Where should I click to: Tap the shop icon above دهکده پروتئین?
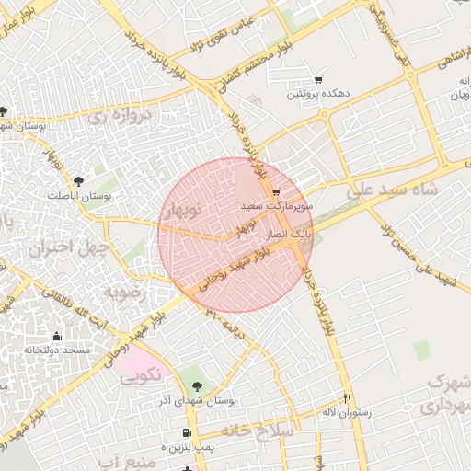[x=318, y=80]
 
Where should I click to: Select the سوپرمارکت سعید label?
[x=276, y=208]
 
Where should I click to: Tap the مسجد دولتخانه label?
[x=57, y=350]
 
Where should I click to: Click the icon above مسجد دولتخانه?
[x=57, y=337]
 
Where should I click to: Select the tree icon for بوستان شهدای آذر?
[x=197, y=386]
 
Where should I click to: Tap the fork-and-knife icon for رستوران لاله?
[x=347, y=398]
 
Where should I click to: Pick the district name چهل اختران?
[x=62, y=247]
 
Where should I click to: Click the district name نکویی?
[x=139, y=374]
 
